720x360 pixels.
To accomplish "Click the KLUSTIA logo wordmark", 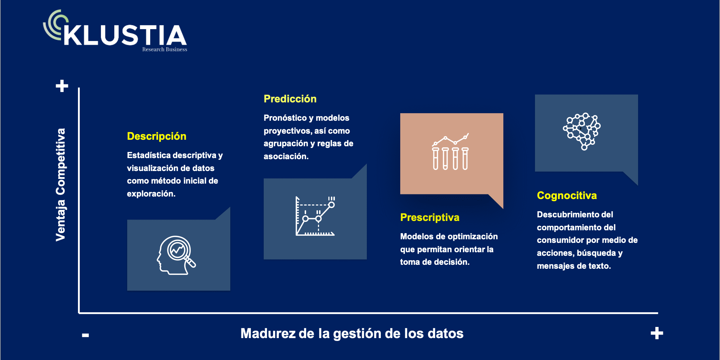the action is [x=125, y=35].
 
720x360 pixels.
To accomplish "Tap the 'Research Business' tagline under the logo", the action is [x=165, y=50].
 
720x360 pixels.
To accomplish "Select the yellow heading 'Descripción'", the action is [x=157, y=137].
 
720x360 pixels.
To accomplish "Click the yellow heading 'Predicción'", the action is [x=290, y=99].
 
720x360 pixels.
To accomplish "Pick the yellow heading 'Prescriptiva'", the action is [x=430, y=217].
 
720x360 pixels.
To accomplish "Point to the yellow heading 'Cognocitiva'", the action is [x=567, y=195].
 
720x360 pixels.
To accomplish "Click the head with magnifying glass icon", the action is [x=176, y=255].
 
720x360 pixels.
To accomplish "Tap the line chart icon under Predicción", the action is [x=315, y=216].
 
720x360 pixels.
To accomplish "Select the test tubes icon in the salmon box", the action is [x=451, y=152].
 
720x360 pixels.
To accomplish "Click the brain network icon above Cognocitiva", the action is [x=582, y=131].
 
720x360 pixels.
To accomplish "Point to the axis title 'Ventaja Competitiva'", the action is [x=60, y=185].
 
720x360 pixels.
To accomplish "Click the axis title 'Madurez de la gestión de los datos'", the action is [x=352, y=333].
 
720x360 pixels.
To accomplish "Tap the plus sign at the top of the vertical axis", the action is [x=62, y=86].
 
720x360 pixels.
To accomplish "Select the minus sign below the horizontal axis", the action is [x=86, y=335].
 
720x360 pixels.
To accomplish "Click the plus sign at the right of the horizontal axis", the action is [x=657, y=333].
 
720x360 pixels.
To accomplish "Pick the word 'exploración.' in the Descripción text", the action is [x=151, y=194].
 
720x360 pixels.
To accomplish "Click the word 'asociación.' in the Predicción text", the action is [x=286, y=156].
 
